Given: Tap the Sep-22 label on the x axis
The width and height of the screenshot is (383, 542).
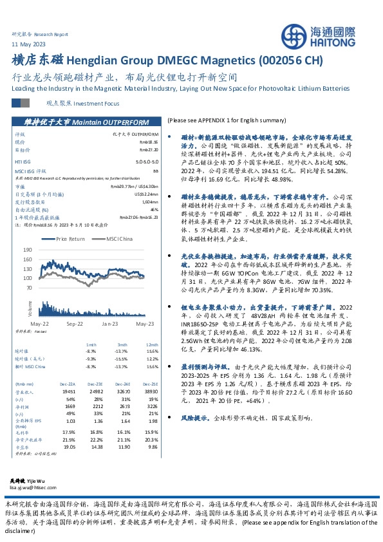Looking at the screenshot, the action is [x=76, y=324].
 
